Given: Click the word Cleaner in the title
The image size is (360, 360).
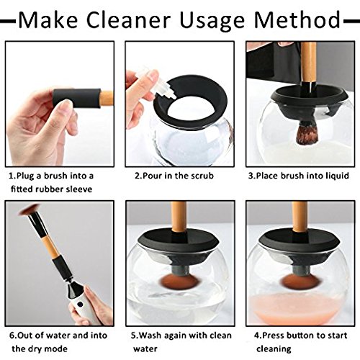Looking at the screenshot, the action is click(x=128, y=20).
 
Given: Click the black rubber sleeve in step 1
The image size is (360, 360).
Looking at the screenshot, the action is click(x=77, y=99).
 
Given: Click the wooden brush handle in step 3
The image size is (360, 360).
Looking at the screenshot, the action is click(x=309, y=63).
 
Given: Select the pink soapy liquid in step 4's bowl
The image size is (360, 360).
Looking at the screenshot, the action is click(x=297, y=308).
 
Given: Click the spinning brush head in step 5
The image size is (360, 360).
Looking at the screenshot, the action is click(x=179, y=282).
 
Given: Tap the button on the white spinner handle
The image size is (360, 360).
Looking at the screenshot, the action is click(x=80, y=305).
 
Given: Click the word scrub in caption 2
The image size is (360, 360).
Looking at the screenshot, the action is click(x=202, y=176).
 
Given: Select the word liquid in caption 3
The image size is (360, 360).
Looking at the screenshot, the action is click(x=337, y=176).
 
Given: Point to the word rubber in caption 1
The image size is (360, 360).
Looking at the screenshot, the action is click(x=49, y=189).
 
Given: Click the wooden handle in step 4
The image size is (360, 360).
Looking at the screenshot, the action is click(x=300, y=217).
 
